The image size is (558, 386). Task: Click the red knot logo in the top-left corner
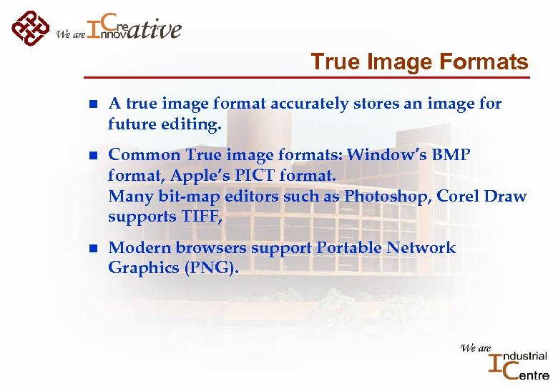pos(30,28)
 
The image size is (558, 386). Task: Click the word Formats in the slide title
pos(491,62)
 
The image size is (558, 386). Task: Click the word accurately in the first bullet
pos(310,104)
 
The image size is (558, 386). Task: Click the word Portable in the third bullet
pos(348,248)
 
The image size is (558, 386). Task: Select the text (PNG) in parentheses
pos(212,268)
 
